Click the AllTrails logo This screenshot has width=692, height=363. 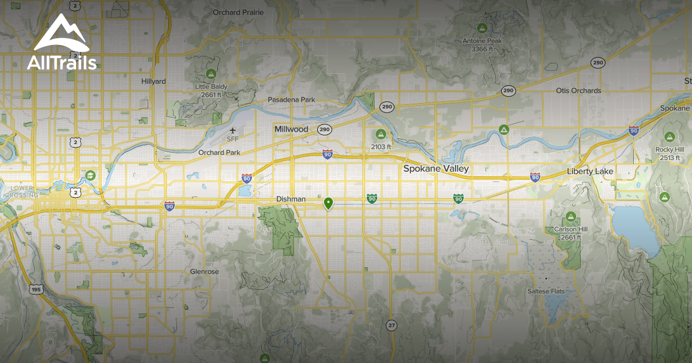(62, 43)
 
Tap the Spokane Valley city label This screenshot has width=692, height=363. (436, 169)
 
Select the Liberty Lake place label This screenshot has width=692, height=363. (591, 172)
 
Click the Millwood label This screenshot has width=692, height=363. (291, 129)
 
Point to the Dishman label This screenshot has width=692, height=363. (291, 199)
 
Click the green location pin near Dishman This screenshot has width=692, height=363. (328, 203)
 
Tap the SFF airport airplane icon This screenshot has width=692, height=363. (232, 130)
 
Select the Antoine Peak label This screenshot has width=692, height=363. (482, 41)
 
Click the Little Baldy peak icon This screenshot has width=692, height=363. (211, 74)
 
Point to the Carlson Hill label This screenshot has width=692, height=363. (570, 229)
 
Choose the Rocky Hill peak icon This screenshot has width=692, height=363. (669, 137)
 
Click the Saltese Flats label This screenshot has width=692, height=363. (546, 292)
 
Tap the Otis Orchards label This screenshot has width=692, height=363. (578, 91)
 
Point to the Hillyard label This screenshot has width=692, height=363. (153, 82)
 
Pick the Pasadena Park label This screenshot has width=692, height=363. (291, 100)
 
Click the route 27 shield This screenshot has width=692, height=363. (392, 325)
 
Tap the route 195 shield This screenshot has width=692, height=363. (36, 289)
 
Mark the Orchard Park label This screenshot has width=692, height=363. (219, 153)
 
